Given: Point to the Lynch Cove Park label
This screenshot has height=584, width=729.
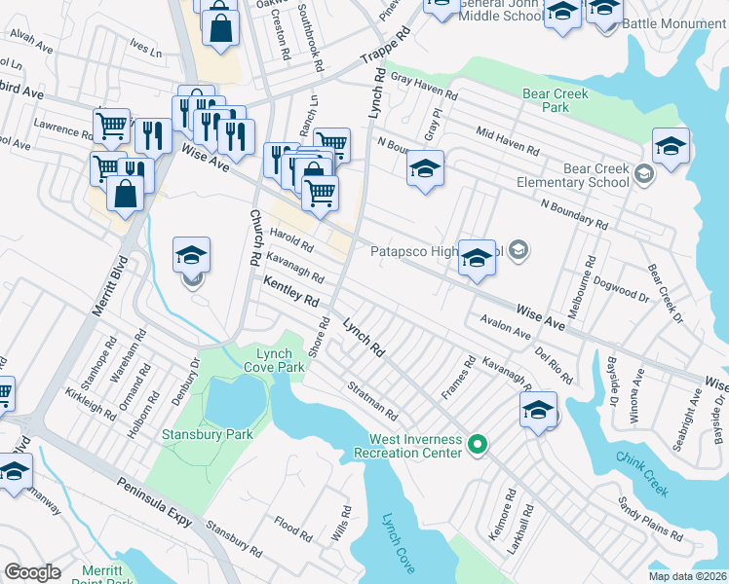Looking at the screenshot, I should pos(281,360).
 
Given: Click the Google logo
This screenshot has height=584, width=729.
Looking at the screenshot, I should pos(32,572).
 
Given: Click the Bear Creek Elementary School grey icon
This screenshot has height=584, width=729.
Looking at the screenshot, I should pos(642,174).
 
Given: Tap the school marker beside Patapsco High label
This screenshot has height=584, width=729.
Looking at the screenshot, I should pos(477,258).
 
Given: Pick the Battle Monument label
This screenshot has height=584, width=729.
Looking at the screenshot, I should pos(673,22).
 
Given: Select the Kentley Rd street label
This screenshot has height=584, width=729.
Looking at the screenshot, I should pos(290,289).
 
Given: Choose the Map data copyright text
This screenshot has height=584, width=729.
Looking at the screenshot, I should pos(687,575).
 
